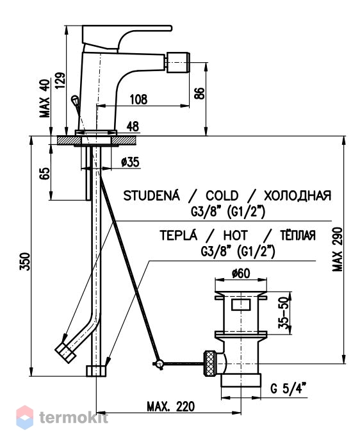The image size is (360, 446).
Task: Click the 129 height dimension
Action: pos(60,81)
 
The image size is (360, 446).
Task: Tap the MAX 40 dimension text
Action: pos(44,99)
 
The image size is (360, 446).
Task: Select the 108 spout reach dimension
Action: pos(139,100)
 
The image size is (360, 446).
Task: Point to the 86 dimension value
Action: pos(200,94)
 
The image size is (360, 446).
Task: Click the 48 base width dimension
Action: pos(133,127)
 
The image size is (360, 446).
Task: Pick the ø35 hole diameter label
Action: pos(130,162)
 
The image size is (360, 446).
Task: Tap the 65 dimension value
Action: pos(45,174)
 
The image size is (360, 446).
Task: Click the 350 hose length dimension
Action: pos(25,261)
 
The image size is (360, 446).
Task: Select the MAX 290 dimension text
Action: pos(338,249)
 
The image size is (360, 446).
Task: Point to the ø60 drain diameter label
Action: pos(241,274)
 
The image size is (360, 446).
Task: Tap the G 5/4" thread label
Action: pos(288,388)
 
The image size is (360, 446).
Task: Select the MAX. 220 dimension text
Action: pos(171,407)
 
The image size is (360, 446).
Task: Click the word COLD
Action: pos(222,195)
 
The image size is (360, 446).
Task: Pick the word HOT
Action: pos(235,236)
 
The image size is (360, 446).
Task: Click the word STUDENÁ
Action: pos(152,195)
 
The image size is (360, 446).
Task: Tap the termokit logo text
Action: pos(74,418)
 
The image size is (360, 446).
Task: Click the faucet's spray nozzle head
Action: pos(178,62)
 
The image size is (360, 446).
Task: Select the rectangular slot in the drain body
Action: pos(241,304)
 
